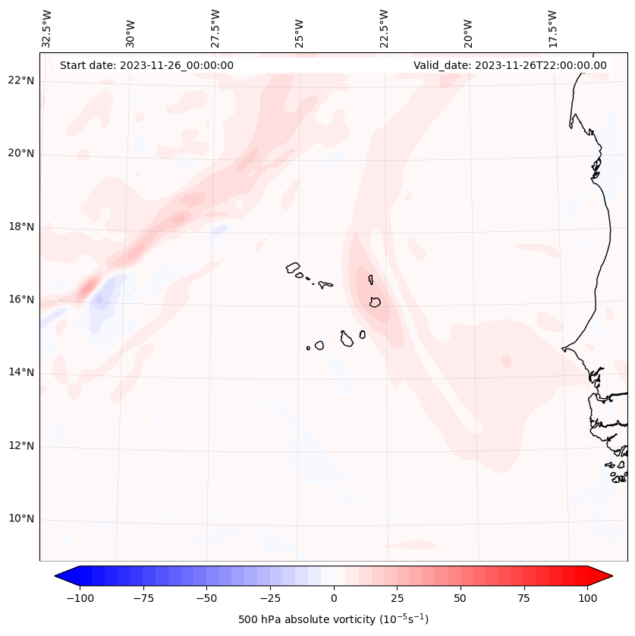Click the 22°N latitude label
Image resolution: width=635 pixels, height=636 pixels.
click(x=20, y=80)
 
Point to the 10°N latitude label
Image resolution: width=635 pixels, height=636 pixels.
click(x=20, y=519)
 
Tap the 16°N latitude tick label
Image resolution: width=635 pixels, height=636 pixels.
click(x=20, y=299)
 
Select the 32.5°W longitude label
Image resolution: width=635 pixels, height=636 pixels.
click(x=47, y=29)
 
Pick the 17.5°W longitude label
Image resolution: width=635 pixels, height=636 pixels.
click(x=552, y=29)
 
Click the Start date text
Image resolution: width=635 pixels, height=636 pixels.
click(x=146, y=65)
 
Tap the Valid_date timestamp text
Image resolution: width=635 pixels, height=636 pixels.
click(x=510, y=65)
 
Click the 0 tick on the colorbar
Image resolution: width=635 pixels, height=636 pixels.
click(x=334, y=598)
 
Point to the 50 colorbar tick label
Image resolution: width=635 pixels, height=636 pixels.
click(x=461, y=598)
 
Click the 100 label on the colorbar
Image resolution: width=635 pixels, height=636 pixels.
click(x=587, y=598)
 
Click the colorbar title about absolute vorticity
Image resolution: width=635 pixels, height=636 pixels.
click(x=334, y=619)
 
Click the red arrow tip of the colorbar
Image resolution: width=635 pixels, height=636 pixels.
click(x=603, y=575)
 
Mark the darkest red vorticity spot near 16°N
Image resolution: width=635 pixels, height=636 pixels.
click(x=87, y=287)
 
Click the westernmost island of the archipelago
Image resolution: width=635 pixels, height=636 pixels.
click(x=293, y=267)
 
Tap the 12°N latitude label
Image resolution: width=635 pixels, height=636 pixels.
click(x=20, y=446)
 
